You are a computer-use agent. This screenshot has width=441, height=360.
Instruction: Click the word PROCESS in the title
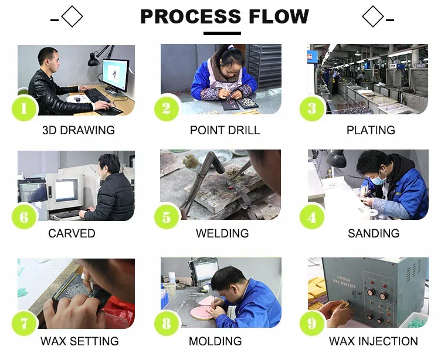(x=190, y=16)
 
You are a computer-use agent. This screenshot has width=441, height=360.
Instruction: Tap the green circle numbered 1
(x=24, y=108)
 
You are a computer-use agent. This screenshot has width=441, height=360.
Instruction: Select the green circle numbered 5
(x=167, y=217)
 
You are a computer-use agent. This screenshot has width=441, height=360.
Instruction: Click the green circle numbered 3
(x=312, y=108)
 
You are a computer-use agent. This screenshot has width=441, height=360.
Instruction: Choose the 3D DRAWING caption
(x=79, y=130)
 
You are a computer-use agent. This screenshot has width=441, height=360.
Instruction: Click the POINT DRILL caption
(x=225, y=130)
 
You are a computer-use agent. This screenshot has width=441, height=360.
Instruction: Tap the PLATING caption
(x=371, y=130)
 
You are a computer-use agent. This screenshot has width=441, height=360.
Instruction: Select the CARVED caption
(x=72, y=233)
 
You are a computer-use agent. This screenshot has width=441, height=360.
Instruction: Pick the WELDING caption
(x=222, y=233)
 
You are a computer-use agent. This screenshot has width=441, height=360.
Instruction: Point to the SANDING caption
(x=374, y=233)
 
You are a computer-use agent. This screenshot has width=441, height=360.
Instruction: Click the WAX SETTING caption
(x=80, y=341)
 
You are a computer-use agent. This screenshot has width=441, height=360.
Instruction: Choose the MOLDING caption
(x=215, y=341)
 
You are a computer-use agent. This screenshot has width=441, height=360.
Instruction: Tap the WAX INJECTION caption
(x=374, y=341)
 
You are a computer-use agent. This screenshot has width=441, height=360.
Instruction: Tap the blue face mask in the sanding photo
(x=379, y=178)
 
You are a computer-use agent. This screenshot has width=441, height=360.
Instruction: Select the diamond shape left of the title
(x=72, y=16)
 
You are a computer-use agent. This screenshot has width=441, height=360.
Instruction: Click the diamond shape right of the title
(x=373, y=16)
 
